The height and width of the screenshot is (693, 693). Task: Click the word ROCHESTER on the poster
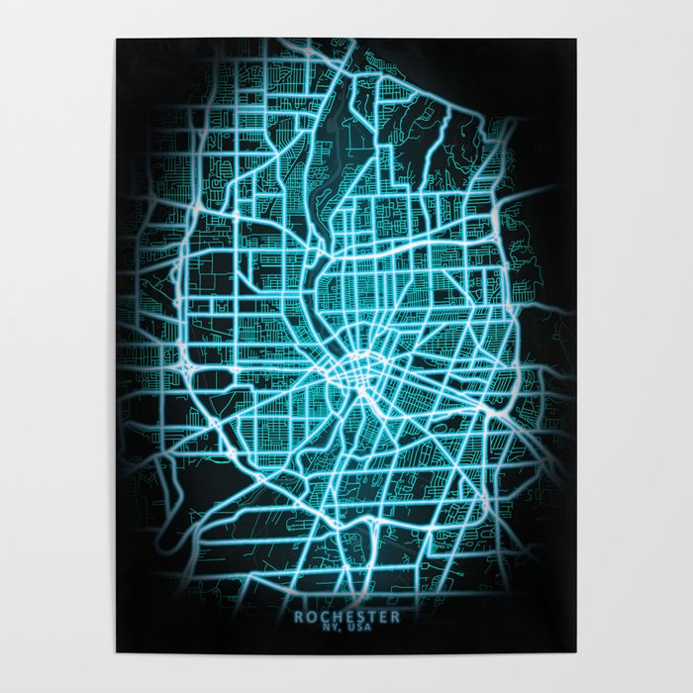click(346, 617)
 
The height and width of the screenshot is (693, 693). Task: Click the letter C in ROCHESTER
click(322, 617)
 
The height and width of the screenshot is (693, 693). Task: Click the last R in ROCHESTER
click(396, 617)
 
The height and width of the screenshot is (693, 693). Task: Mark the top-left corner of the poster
click(117, 40)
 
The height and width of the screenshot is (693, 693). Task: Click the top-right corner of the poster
click(575, 40)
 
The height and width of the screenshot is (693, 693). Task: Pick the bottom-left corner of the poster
click(117, 652)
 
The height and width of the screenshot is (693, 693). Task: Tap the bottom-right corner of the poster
click(575, 652)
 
